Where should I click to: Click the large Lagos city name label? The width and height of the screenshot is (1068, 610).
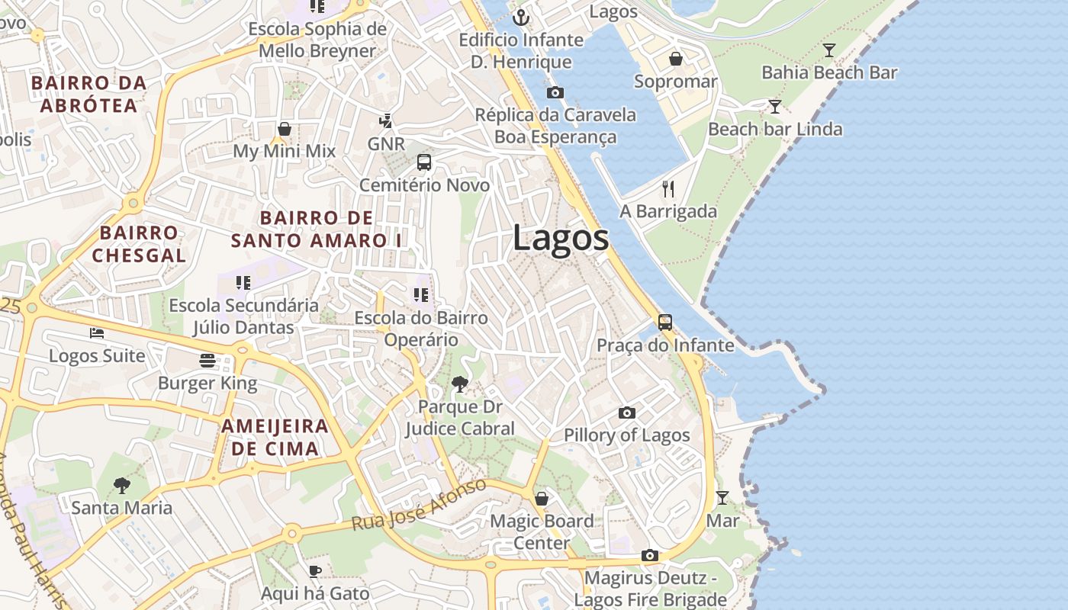tap(561, 238)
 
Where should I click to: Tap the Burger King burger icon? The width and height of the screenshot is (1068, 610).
tap(207, 360)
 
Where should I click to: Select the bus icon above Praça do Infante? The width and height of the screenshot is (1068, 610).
tap(665, 323)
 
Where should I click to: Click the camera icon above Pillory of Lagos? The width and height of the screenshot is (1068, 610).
tap(627, 413)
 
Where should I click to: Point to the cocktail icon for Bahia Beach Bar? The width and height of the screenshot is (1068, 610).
tap(829, 50)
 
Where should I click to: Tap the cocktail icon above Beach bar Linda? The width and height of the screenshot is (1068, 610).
tap(775, 107)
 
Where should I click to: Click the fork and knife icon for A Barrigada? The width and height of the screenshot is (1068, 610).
tap(668, 189)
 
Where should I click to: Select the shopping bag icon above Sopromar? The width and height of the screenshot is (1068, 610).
tap(676, 59)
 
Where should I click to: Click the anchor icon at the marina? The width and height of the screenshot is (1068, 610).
tap(522, 18)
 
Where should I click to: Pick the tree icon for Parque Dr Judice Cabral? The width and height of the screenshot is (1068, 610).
tap(459, 384)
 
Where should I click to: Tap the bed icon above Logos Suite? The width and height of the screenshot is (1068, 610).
tap(97, 333)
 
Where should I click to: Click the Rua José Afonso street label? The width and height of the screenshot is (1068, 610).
tap(419, 506)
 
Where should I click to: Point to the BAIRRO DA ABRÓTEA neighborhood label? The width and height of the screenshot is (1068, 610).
tap(88, 94)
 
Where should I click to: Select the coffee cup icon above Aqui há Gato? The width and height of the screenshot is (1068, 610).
tap(315, 571)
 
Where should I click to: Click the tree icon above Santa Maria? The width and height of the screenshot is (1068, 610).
tap(121, 485)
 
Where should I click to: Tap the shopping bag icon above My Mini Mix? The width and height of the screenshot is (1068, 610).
tap(285, 129)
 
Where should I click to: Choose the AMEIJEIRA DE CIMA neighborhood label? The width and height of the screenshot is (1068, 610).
tap(275, 437)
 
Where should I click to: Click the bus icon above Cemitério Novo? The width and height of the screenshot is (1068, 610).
tap(424, 162)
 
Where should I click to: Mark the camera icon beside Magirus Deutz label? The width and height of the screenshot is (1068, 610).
tap(650, 555)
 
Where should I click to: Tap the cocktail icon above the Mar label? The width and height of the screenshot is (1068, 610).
tap(722, 498)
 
